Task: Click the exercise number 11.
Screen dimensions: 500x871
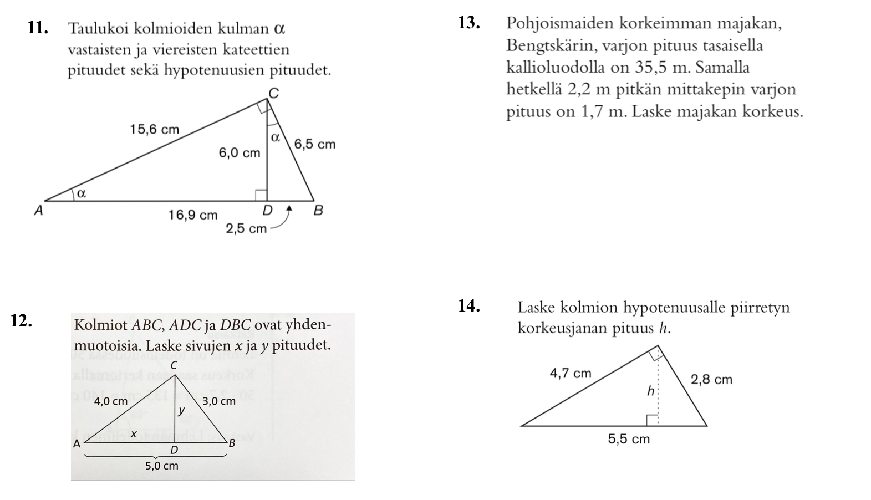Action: point(37,28)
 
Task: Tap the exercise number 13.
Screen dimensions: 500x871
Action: point(469,23)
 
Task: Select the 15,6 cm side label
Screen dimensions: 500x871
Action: point(154,130)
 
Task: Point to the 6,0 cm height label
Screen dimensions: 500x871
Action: point(239,153)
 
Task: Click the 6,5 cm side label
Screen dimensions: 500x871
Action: point(314,145)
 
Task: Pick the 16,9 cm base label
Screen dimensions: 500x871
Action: point(193,215)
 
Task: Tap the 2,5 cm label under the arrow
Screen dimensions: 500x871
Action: point(246,228)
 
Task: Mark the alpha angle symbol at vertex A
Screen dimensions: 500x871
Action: point(81,193)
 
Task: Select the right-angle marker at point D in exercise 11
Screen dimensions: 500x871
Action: point(261,195)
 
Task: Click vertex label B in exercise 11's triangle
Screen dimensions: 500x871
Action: point(318,211)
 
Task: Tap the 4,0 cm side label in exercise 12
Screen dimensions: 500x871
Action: point(111,401)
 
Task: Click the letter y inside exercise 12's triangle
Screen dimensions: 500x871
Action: point(181,411)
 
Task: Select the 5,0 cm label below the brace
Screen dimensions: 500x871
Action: point(162,466)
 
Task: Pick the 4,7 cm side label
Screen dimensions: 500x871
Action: point(570,374)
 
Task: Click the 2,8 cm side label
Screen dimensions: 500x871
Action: point(711,380)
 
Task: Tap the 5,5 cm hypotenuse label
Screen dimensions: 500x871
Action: point(628,440)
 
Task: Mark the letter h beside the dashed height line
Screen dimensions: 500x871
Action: point(650,391)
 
